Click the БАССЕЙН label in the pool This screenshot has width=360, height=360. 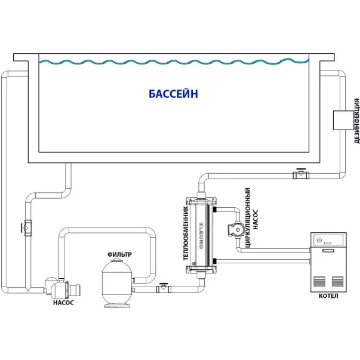pos(173,94)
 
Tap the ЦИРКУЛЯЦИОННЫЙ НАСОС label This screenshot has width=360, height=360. pos(251,217)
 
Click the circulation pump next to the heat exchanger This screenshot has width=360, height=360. pos(233,230)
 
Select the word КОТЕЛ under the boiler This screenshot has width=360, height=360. pos(328,296)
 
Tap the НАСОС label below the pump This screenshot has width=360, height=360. pos(63,303)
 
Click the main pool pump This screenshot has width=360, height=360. pos(59,288)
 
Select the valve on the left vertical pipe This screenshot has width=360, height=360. pos(26,227)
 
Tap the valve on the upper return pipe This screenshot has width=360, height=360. pos(301,174)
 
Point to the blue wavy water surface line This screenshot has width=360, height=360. pos(173,62)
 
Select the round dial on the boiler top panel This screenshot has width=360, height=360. pos(319,241)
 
